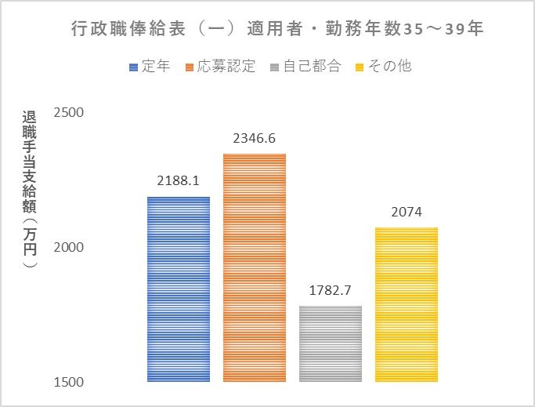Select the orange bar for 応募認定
[255, 267]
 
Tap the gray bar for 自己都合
[331, 343]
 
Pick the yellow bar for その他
[407, 304]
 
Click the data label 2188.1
[179, 180]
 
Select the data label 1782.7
[331, 290]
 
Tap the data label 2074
[407, 212]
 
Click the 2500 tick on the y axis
[68, 113]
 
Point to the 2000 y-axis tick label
[68, 248]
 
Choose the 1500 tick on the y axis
[68, 383]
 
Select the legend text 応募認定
[226, 66]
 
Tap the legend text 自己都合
[313, 66]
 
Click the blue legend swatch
[133, 67]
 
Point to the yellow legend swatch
[363, 67]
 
